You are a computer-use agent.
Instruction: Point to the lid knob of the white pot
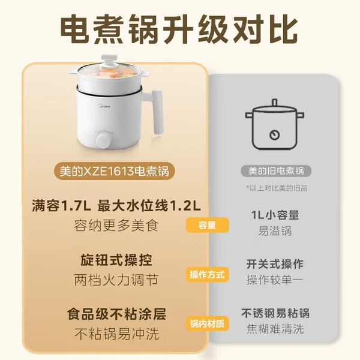click(109, 60)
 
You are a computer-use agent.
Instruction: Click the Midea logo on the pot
click(104, 106)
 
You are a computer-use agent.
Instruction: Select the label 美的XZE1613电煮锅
click(115, 171)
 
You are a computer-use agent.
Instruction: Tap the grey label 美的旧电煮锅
click(276, 171)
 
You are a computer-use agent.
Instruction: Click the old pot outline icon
click(275, 125)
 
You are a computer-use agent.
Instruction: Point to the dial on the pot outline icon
click(274, 135)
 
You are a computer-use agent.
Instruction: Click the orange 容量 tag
click(208, 225)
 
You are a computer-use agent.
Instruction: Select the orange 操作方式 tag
click(208, 274)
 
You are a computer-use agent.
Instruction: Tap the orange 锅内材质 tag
click(208, 324)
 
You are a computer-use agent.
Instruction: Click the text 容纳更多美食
click(116, 225)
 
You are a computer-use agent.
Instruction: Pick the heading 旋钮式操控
click(116, 260)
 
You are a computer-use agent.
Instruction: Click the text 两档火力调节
click(116, 280)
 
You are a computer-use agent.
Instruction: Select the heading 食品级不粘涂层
click(116, 314)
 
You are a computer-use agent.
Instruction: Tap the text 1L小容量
click(275, 215)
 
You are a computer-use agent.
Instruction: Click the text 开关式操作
click(275, 264)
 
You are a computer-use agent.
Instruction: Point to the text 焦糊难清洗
click(275, 329)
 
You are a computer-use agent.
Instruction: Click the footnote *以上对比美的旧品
click(277, 188)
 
